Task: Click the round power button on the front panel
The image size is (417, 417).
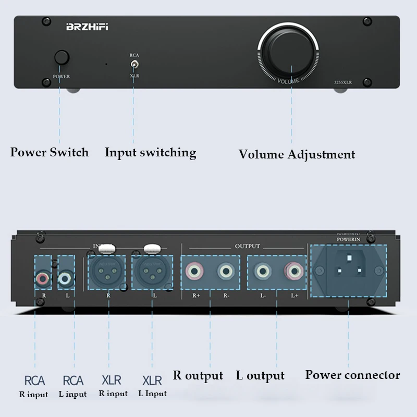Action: (x=62, y=57)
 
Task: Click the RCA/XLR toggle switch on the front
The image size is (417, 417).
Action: (x=134, y=65)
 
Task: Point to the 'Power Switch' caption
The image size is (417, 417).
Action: (x=50, y=153)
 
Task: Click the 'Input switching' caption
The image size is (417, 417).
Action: (x=150, y=153)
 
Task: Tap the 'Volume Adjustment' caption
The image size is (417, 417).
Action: (x=297, y=154)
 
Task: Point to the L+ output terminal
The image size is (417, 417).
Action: (x=292, y=271)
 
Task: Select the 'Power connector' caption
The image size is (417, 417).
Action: (x=352, y=375)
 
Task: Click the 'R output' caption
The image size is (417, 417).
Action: (x=198, y=376)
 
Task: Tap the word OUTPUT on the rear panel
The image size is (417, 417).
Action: (x=247, y=246)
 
